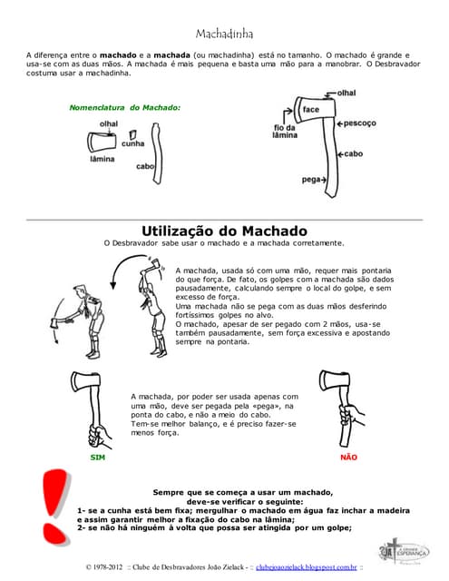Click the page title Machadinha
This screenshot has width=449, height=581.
click(x=224, y=34)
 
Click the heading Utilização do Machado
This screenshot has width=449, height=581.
click(x=224, y=231)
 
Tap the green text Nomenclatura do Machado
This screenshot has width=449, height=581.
click(x=124, y=107)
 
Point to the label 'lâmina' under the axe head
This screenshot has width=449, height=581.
click(x=102, y=159)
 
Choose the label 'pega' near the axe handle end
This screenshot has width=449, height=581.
click(x=310, y=180)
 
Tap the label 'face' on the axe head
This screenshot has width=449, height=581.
click(x=310, y=110)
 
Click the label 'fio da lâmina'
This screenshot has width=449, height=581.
click(x=286, y=131)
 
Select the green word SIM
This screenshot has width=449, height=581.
click(x=97, y=458)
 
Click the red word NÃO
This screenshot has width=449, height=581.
click(x=348, y=458)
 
